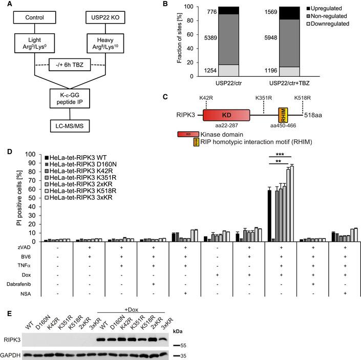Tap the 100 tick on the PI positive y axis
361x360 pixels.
point(34,154)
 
